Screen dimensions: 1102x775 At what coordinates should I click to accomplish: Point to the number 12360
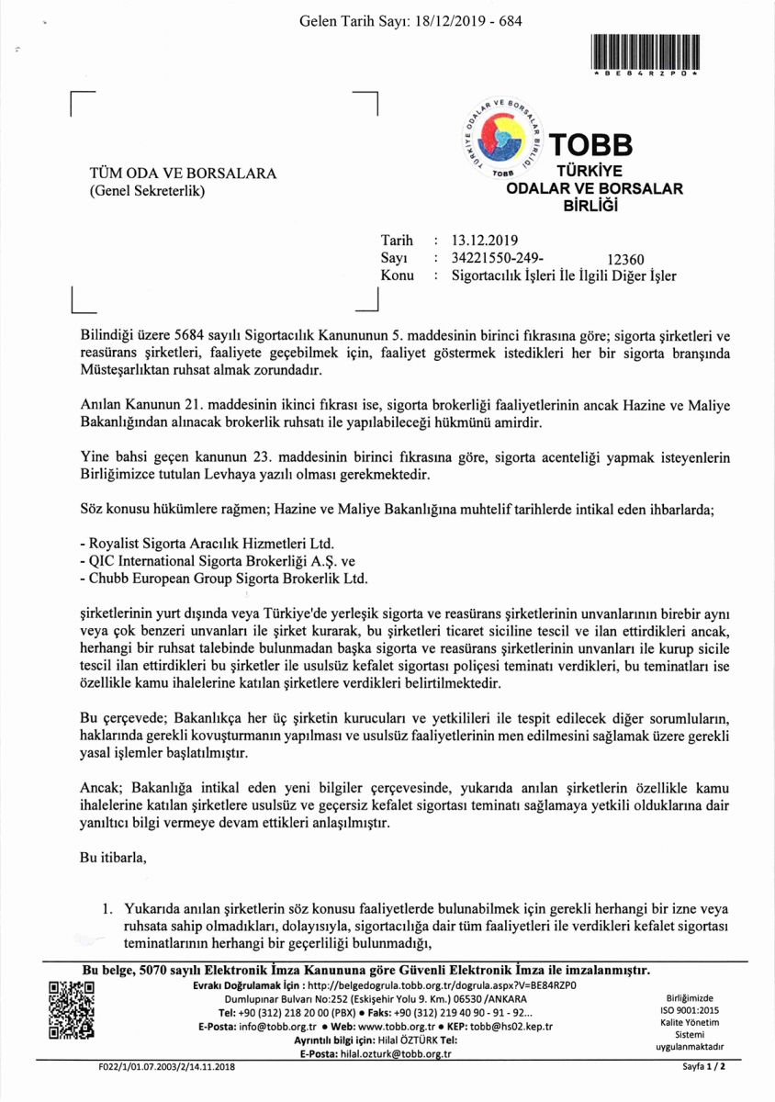tap(627, 260)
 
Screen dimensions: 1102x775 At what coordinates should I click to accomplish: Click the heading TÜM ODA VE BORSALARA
tap(182, 174)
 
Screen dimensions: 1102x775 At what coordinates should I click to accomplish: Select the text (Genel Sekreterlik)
tap(146, 191)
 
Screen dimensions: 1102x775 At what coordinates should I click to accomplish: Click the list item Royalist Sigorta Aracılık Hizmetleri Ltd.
tap(207, 542)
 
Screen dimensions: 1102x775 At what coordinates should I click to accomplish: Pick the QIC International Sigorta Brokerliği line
tap(217, 560)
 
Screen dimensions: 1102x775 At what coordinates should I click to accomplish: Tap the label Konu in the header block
tap(397, 275)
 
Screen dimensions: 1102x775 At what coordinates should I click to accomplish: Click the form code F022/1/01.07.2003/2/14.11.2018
tap(166, 1068)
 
